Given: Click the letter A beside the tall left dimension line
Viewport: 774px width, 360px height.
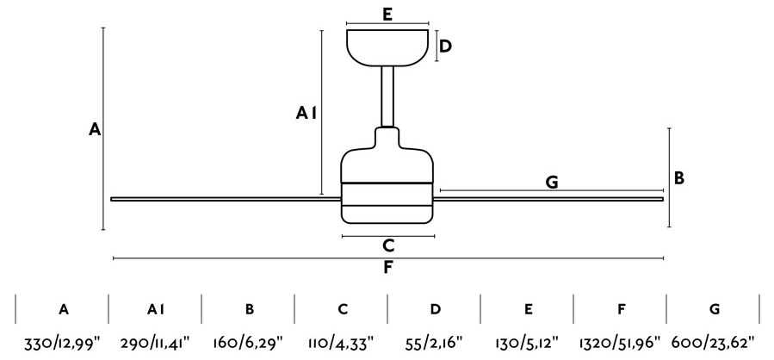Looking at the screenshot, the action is (95, 130).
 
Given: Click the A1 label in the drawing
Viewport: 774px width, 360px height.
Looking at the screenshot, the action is (306, 114).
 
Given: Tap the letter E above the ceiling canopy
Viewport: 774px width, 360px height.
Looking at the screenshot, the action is (387, 15).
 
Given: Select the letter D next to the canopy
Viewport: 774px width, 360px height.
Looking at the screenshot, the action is (445, 47).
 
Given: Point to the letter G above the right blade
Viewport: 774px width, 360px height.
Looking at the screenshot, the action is (552, 183).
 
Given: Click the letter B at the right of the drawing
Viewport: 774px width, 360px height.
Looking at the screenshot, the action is (679, 178).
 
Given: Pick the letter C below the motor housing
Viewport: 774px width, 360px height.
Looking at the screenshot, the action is (388, 245).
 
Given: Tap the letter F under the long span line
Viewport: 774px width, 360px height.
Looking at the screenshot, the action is (388, 268).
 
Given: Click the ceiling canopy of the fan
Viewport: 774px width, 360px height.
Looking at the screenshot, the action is (387, 48).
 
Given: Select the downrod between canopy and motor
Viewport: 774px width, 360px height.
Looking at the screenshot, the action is (387, 96).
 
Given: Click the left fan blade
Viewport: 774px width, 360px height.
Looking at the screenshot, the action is (226, 199).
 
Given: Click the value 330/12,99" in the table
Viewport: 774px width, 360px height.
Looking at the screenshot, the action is (62, 342).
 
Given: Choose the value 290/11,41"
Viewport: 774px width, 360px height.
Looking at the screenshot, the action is (155, 342).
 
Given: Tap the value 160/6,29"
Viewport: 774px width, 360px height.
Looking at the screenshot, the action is (248, 342).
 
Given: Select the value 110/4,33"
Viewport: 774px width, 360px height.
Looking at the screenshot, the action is (341, 342).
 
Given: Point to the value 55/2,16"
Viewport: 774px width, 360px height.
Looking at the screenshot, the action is (435, 342).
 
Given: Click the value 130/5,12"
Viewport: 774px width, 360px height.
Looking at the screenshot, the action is (527, 342).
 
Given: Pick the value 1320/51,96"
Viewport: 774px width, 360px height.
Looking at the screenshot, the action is (620, 342).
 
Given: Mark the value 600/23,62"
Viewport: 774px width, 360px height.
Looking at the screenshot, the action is (713, 342).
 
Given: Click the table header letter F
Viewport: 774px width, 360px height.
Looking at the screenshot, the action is (621, 310).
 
